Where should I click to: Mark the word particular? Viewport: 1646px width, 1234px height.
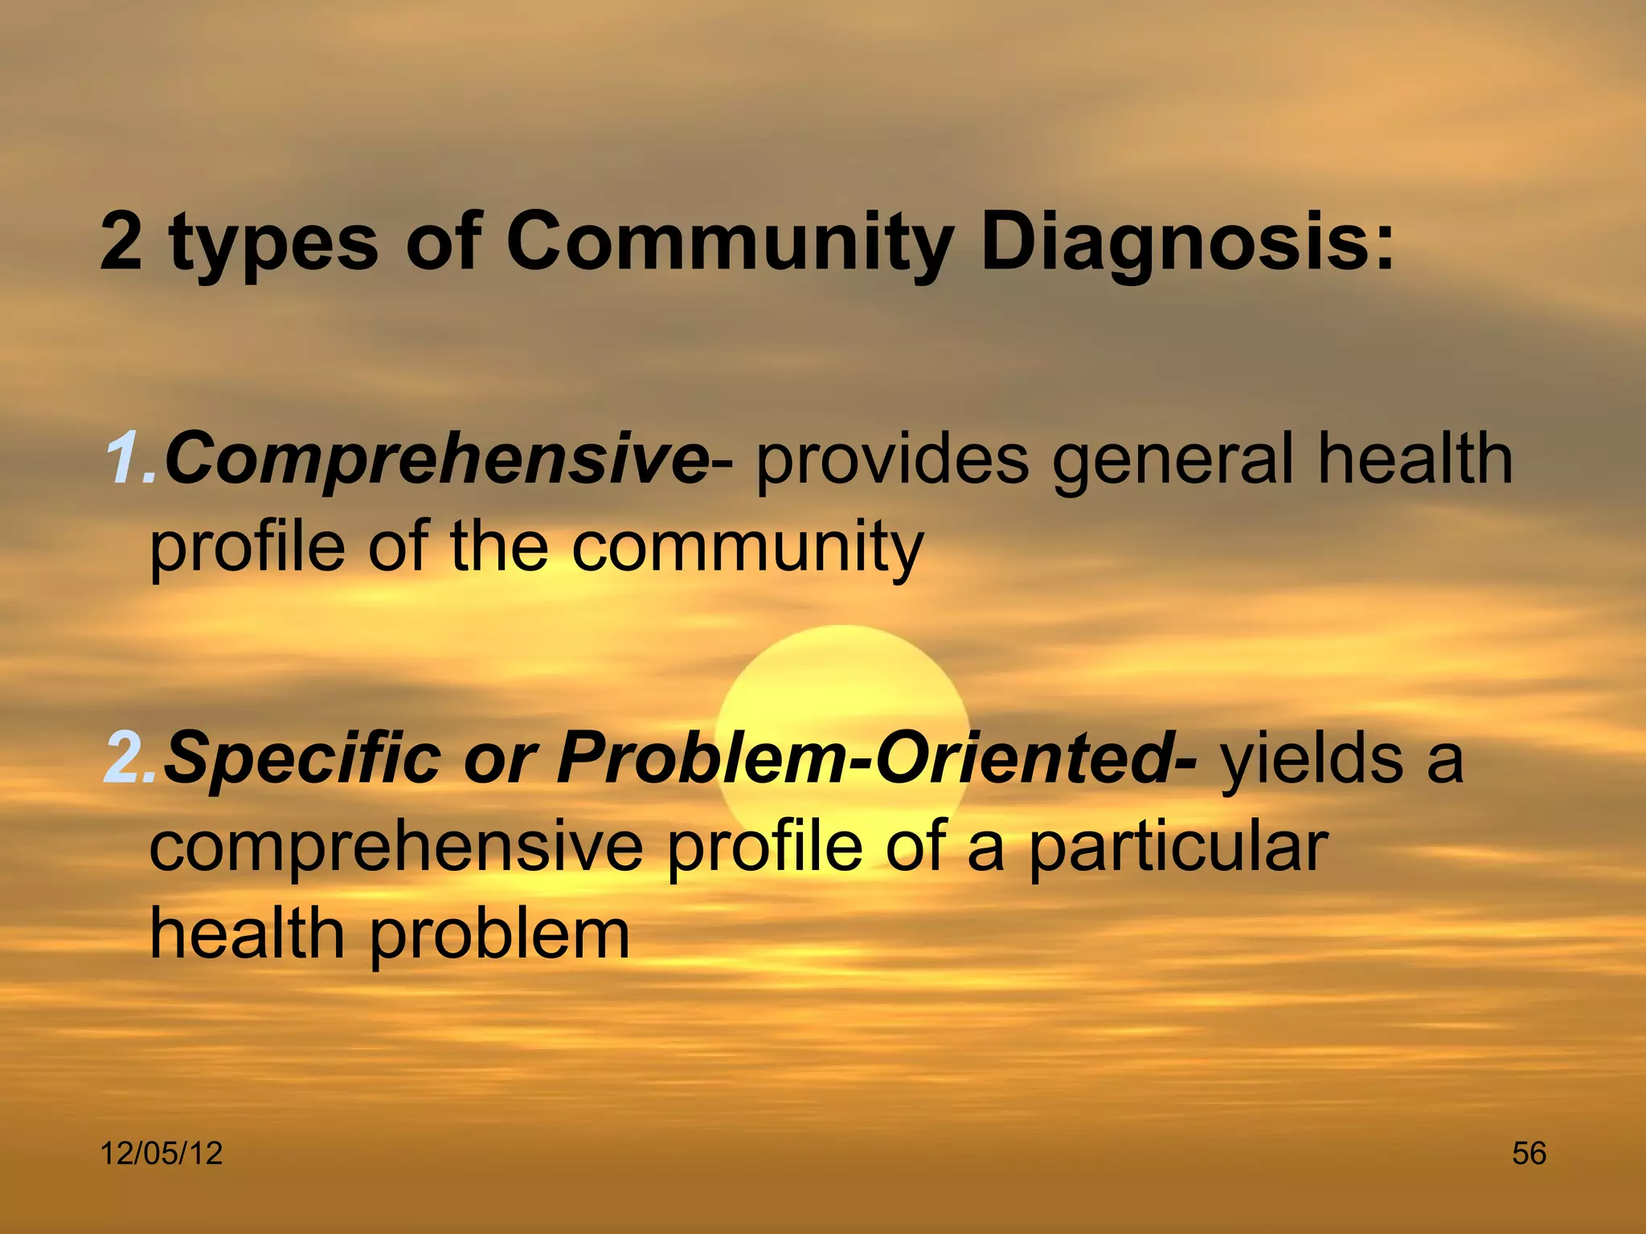point(1177,849)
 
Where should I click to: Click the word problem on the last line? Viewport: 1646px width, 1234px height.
point(498,937)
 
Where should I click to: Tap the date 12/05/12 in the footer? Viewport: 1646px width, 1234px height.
point(161,1154)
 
